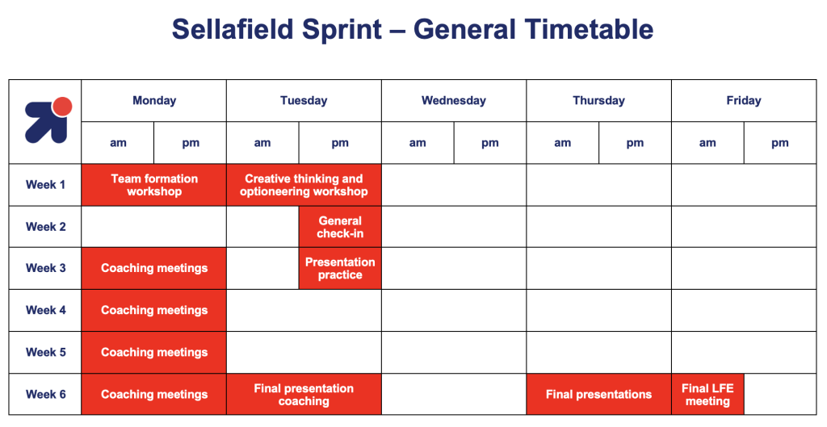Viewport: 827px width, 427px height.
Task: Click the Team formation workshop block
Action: [154, 185]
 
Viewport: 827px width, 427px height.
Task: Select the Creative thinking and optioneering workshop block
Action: [304, 185]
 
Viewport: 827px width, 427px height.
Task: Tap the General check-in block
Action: [340, 227]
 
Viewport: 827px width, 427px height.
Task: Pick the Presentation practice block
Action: [340, 268]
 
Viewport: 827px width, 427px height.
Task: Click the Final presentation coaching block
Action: [304, 395]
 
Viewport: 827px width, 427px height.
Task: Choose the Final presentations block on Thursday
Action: [598, 395]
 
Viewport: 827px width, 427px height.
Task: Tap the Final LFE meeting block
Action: [707, 395]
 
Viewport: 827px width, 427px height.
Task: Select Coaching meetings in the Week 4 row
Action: [154, 311]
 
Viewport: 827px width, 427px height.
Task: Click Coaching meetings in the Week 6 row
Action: [154, 395]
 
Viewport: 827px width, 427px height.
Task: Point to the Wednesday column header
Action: [454, 101]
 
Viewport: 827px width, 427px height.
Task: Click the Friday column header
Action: [744, 101]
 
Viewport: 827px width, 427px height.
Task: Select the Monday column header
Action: [154, 101]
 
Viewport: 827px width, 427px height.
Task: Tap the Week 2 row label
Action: [46, 227]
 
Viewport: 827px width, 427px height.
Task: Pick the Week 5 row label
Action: [46, 352]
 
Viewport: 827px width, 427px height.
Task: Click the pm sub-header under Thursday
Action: [635, 143]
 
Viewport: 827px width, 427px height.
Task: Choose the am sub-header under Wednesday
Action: [418, 143]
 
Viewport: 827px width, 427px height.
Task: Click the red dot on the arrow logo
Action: [63, 107]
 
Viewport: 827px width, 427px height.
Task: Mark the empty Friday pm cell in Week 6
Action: [780, 395]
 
